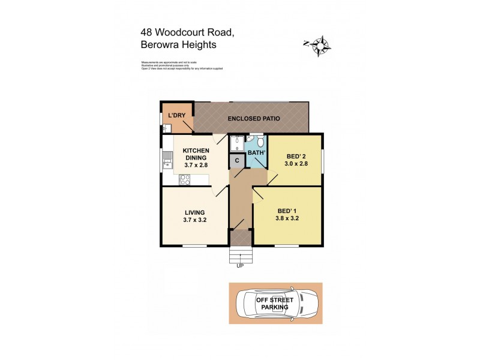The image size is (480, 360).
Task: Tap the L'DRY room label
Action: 176,115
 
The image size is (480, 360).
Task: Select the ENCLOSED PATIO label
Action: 254,119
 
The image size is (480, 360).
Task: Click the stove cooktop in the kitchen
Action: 185,178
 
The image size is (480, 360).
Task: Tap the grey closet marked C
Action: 237,160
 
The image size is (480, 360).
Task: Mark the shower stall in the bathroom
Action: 236,144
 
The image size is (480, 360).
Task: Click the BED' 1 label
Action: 287,211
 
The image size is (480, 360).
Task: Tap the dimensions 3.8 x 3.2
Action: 287,218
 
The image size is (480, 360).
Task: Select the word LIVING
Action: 195,212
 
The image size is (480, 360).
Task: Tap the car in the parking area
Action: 275,303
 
